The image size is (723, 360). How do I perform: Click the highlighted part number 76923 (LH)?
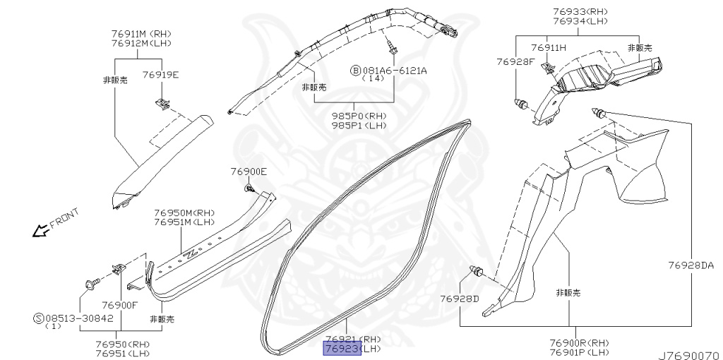tap(342, 349)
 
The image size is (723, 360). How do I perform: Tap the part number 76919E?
tap(160, 74)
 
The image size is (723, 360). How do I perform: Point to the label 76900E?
tap(249, 172)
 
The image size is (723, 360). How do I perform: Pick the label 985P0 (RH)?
tap(359, 116)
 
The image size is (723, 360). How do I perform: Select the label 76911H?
tap(549, 47)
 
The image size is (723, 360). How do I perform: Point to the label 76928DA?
tap(691, 266)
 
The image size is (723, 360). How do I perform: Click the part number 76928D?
tap(460, 299)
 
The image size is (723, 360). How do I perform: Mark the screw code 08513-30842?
tap(78, 318)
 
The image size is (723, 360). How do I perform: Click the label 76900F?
tap(119, 305)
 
